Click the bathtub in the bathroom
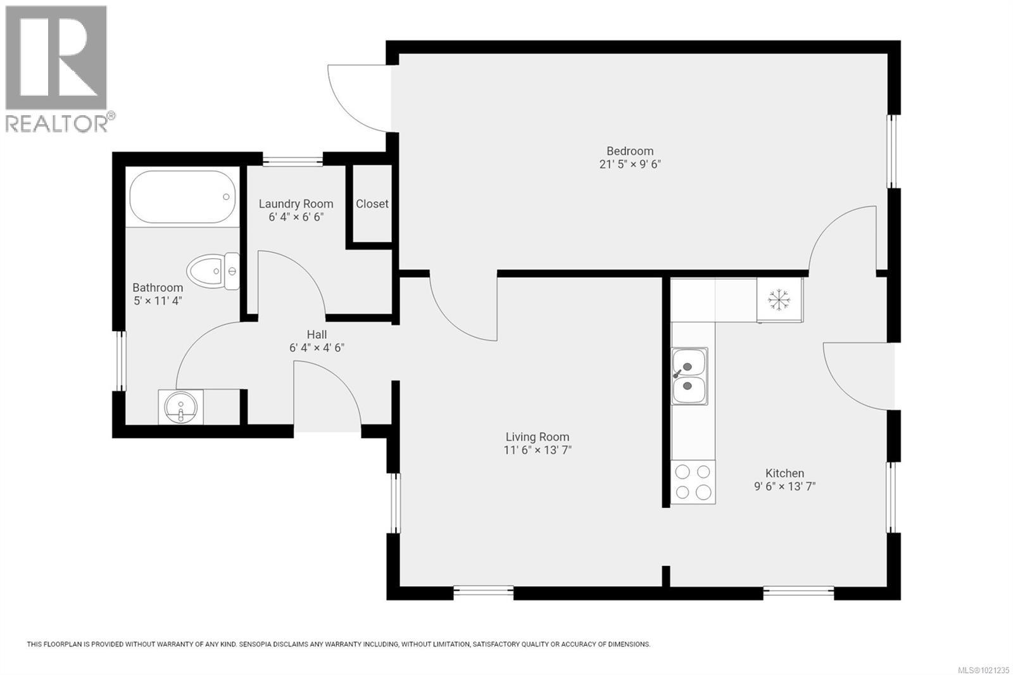coord(183,196)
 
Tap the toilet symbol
coord(215,272)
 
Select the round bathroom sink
coord(180,407)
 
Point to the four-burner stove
coord(693,482)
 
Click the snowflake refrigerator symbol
coord(778,300)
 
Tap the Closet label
coord(372,204)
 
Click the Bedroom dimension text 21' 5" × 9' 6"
coord(629,164)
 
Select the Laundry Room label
coord(296,204)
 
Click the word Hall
coord(317,334)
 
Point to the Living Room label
coord(537,437)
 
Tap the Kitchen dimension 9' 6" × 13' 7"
coord(784,486)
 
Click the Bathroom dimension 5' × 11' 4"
coord(158,301)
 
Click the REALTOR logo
coord(57,68)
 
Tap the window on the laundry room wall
coord(293,161)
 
